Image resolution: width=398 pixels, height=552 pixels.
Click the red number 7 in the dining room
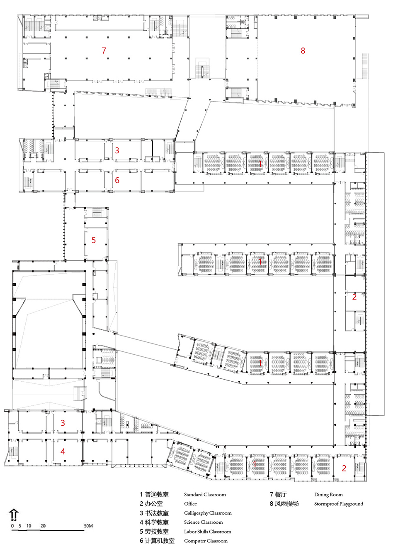tap(104, 51)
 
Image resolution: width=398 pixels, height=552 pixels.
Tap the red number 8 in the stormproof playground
tap(303, 51)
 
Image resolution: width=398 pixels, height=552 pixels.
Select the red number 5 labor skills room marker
tap(94, 240)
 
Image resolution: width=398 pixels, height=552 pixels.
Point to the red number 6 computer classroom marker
tap(117, 180)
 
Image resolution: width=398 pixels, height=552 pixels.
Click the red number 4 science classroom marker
tap(63, 451)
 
